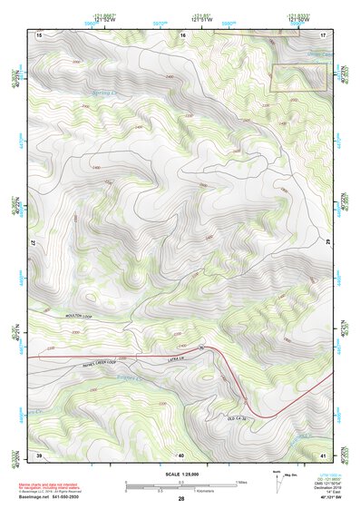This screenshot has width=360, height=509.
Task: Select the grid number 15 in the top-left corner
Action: [39, 34]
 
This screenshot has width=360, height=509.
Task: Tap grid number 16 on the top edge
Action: [182, 34]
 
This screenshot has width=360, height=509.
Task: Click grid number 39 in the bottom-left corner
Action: [39, 454]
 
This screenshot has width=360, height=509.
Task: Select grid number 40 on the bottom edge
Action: [180, 454]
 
